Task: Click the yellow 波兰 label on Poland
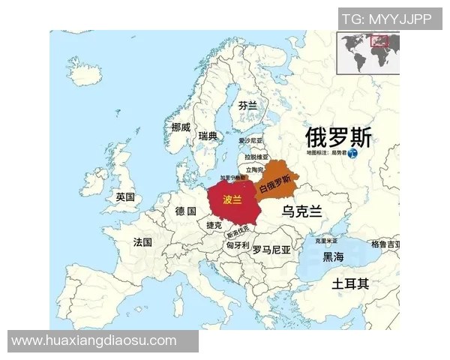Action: [232, 200]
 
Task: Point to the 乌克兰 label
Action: [301, 211]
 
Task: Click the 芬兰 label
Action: [247, 106]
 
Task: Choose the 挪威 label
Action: [181, 127]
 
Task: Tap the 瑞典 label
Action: [208, 136]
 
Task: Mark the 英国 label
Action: [125, 197]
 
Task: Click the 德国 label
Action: [185, 211]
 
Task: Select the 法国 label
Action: [142, 242]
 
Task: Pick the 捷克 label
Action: [214, 225]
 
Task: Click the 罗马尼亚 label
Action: [271, 249]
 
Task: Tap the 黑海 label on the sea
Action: [333, 257]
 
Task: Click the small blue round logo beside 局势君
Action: [353, 153]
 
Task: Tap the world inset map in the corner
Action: [368, 52]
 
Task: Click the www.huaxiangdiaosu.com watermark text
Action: [94, 340]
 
